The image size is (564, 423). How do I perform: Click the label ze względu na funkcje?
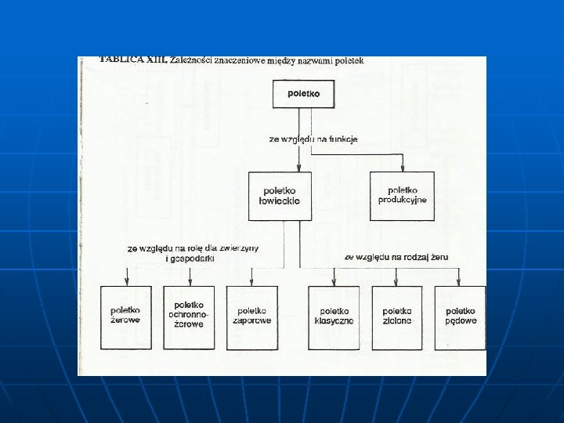(313, 139)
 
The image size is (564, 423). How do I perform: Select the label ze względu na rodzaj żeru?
(396, 256)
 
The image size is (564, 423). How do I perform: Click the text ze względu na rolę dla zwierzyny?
(193, 248)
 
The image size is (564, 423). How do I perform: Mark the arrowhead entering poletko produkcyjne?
(403, 168)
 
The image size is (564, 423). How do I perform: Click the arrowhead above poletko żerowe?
(126, 282)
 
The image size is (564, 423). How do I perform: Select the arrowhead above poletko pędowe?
(460, 282)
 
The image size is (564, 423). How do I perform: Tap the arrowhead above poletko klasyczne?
(334, 282)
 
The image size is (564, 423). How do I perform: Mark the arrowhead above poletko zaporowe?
(251, 282)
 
